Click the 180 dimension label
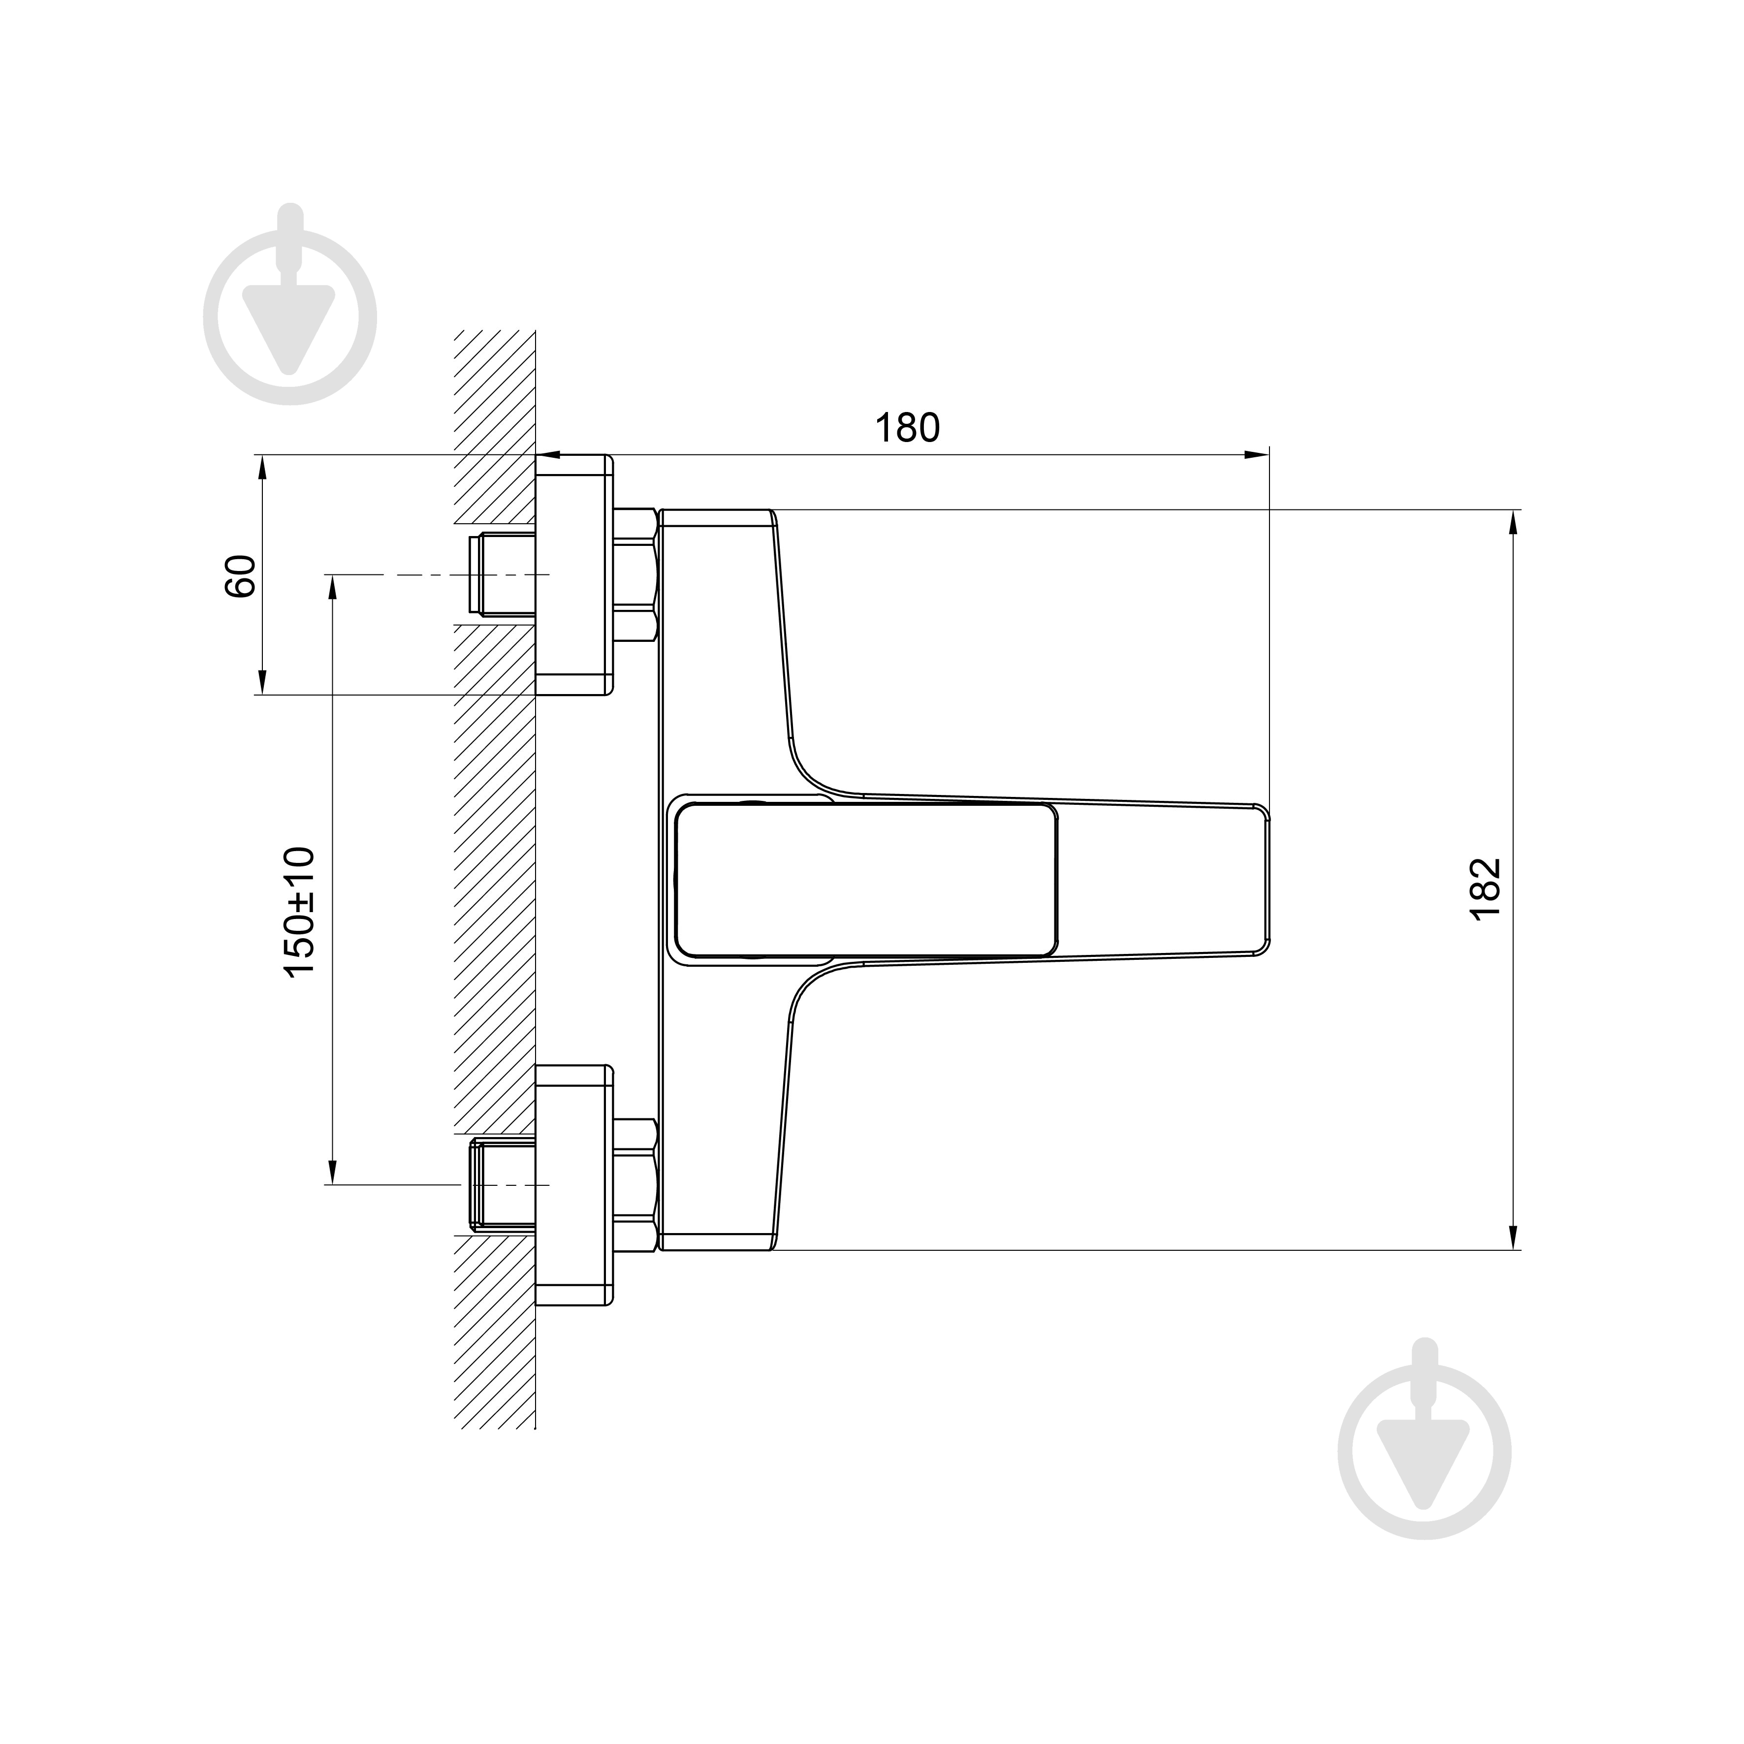[x=907, y=428]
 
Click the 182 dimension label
[x=1485, y=889]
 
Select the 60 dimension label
[x=240, y=576]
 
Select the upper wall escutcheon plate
[x=574, y=575]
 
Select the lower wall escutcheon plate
[x=574, y=1184]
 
